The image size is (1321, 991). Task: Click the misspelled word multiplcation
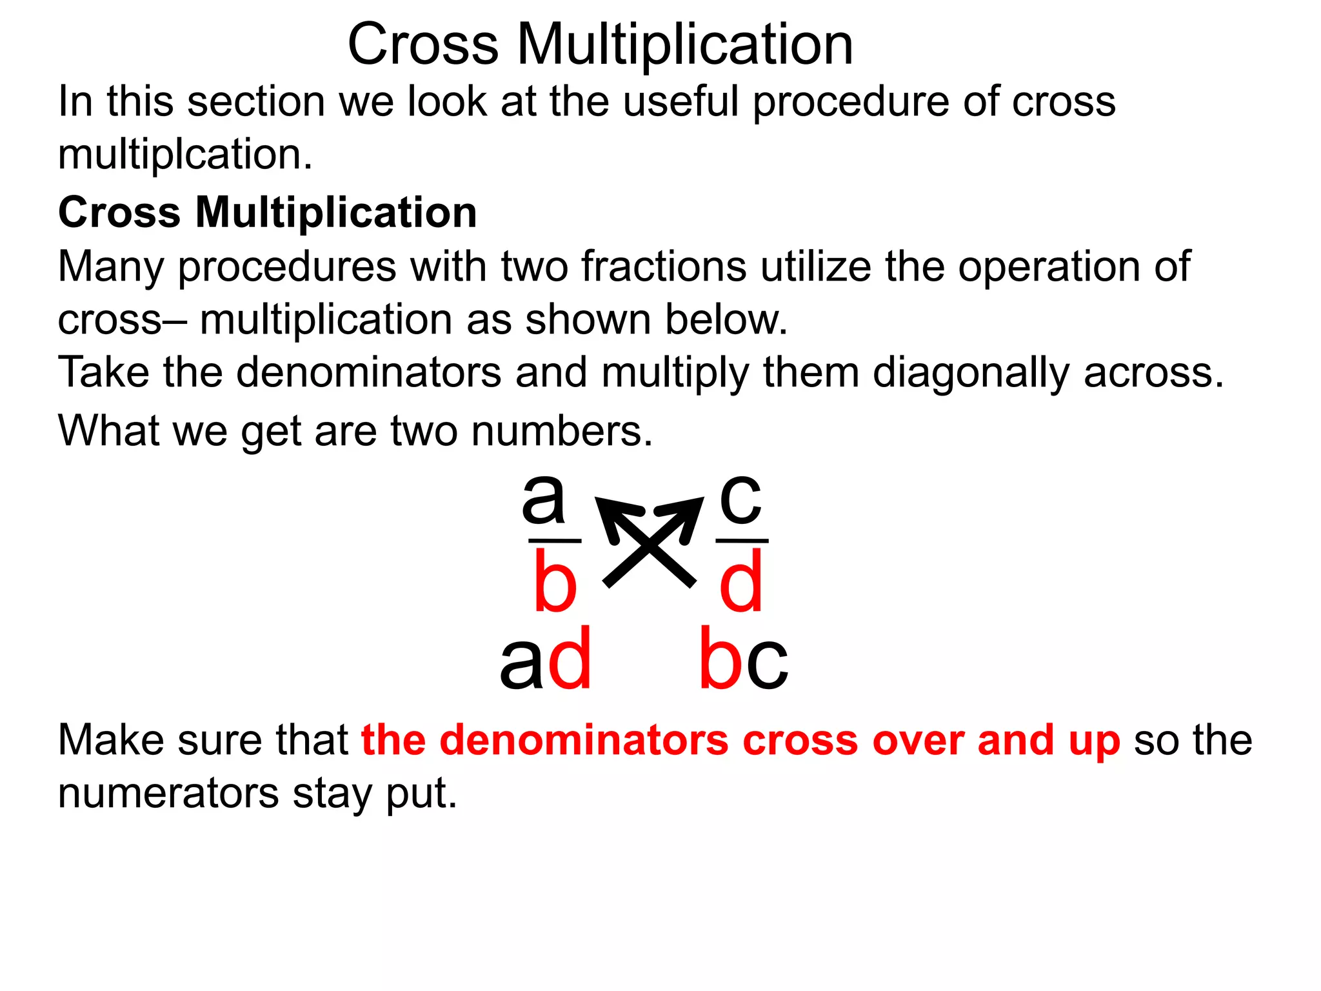(x=185, y=155)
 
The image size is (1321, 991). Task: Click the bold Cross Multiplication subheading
(x=268, y=212)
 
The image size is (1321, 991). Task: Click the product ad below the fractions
(x=546, y=660)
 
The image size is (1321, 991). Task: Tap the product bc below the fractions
(x=743, y=660)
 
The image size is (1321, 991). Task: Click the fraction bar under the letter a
(x=555, y=541)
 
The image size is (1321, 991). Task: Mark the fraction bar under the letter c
(x=742, y=541)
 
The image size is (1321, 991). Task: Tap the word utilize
(x=816, y=267)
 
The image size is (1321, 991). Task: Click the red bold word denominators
(x=584, y=740)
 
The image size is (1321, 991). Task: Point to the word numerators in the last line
(x=168, y=793)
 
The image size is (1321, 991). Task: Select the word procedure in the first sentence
(x=851, y=103)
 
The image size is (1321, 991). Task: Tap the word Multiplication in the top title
(x=685, y=45)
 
